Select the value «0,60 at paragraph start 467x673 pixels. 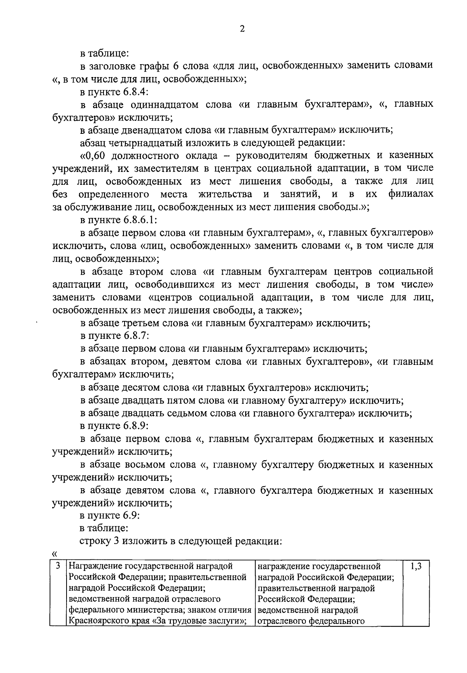point(94,156)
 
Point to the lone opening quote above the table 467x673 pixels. point(54,553)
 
